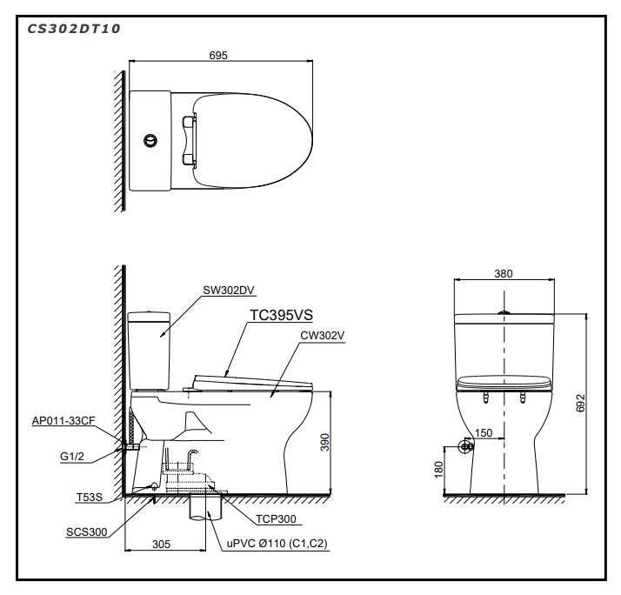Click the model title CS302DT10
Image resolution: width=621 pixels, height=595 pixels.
(73, 28)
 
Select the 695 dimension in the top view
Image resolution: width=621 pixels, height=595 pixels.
(218, 55)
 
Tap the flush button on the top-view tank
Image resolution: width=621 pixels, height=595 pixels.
(151, 139)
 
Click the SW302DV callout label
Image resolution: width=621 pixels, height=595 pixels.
(229, 291)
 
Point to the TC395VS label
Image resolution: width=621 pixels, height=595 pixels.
(281, 316)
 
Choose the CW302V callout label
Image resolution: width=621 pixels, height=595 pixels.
(323, 335)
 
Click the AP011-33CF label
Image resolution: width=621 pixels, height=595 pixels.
(63, 420)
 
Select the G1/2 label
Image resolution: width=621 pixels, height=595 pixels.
(72, 454)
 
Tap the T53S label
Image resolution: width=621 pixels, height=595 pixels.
(89, 498)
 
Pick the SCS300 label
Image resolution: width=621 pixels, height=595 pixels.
(87, 531)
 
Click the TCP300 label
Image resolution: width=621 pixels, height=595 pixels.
(276, 519)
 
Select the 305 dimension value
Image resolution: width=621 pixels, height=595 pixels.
(161, 544)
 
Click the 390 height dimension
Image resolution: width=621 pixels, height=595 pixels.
(324, 442)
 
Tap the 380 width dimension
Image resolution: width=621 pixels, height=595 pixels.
(503, 273)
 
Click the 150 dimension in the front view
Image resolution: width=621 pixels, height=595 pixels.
(484, 432)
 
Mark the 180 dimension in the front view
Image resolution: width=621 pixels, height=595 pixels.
(439, 469)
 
